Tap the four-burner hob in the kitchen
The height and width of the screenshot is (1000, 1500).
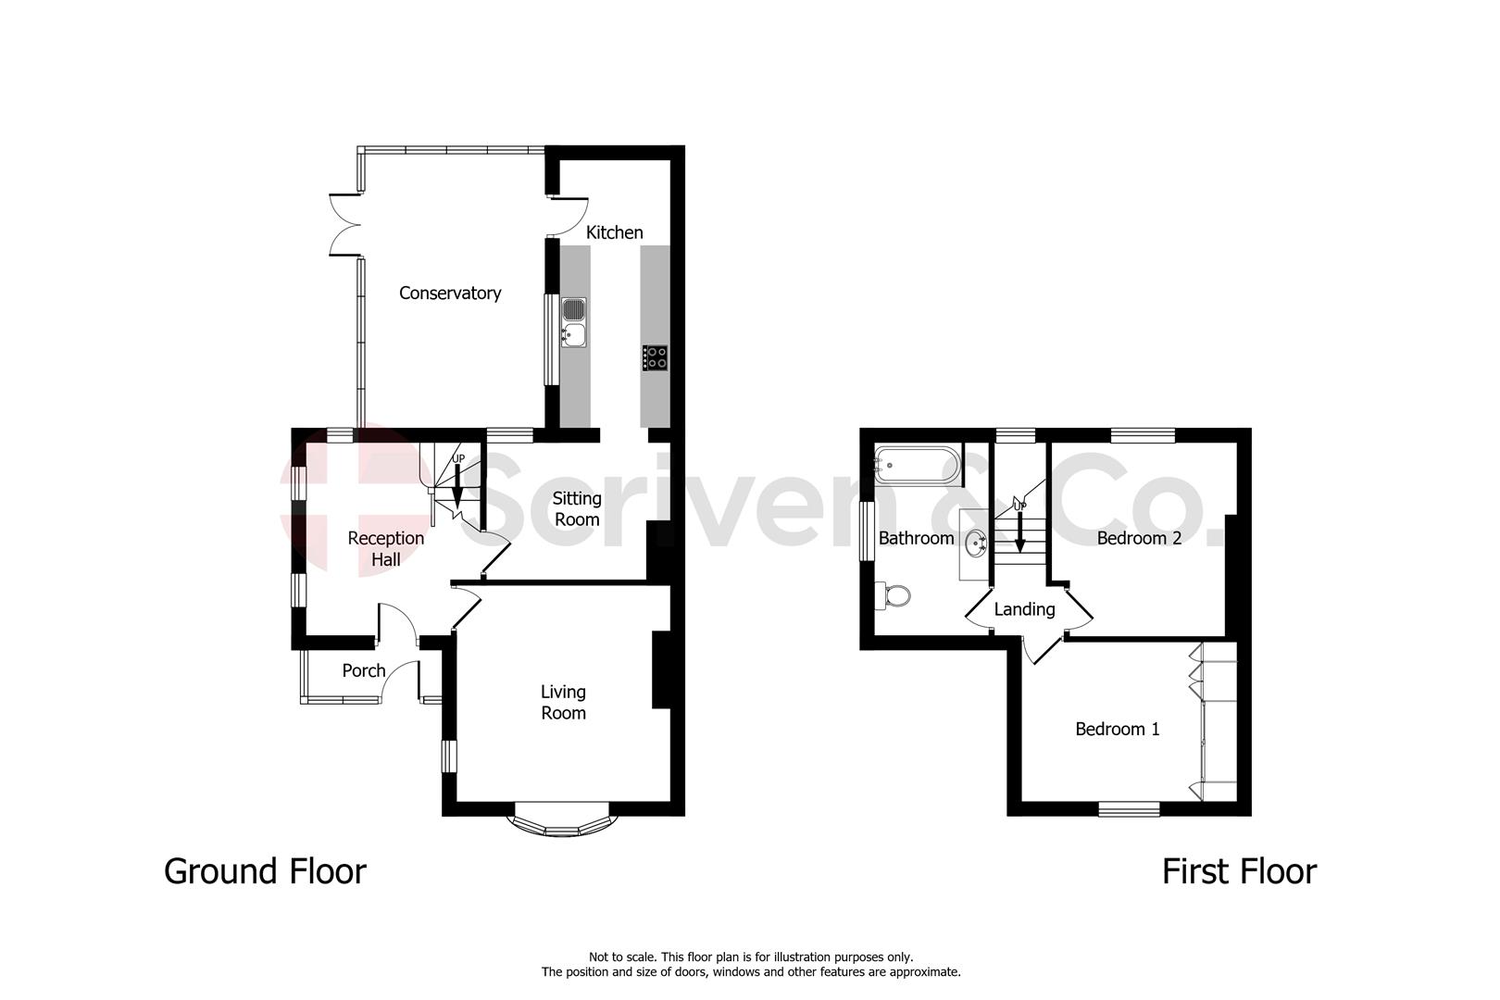[x=656, y=357]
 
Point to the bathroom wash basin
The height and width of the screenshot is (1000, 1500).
[x=976, y=544]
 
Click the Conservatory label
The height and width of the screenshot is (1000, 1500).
[x=450, y=294]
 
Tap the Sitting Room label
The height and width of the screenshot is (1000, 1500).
[x=577, y=509]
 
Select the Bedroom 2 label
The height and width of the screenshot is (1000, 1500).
[x=1139, y=538]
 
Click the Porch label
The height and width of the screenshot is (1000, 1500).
[x=363, y=671]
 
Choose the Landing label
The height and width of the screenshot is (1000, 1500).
[x=1024, y=609]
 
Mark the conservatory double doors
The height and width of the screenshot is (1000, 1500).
[x=344, y=223]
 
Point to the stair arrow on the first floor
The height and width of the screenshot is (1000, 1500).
[x=1019, y=532]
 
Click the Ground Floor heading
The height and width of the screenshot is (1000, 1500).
[x=265, y=871]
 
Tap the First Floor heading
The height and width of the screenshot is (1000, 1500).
[x=1239, y=871]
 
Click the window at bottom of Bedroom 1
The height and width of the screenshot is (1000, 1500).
[x=1130, y=809]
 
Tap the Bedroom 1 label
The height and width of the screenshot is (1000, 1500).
[x=1117, y=730]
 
